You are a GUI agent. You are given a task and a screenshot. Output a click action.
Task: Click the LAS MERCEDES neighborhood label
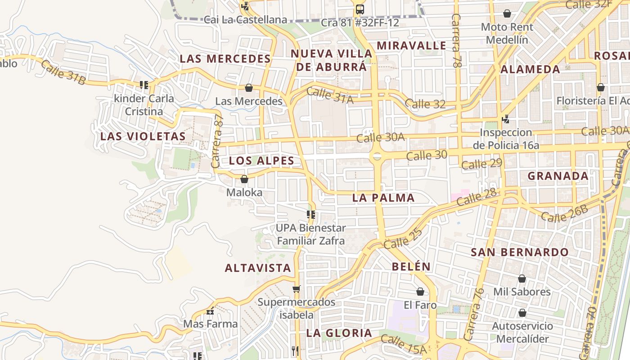(225, 58)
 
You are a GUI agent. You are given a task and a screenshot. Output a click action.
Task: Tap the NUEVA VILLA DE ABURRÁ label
(332, 60)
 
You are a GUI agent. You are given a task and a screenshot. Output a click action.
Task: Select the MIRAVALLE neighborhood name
(411, 45)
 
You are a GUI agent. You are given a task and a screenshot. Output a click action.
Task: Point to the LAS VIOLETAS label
(143, 136)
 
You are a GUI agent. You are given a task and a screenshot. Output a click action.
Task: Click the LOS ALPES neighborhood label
(261, 161)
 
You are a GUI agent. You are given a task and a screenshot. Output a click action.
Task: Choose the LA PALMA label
(383, 198)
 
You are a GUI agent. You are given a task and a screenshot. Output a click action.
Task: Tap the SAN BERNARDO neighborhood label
(520, 252)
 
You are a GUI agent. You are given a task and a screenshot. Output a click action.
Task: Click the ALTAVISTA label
(258, 268)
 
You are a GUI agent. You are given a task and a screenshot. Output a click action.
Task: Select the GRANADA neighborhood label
(558, 176)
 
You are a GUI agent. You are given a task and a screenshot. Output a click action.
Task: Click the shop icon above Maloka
(244, 180)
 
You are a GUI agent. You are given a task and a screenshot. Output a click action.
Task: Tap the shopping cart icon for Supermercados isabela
(296, 289)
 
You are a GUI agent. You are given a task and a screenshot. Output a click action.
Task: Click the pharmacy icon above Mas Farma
(210, 311)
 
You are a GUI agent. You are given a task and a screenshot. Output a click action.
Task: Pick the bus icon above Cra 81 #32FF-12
(360, 9)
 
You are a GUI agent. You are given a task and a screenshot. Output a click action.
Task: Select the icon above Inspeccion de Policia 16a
(506, 119)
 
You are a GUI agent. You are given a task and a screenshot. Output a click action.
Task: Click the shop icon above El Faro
(420, 292)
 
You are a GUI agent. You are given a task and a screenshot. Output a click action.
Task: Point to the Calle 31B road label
(63, 72)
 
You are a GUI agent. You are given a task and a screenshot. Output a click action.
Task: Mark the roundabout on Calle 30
(377, 156)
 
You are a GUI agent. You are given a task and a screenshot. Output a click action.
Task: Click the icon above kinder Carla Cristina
(144, 85)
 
